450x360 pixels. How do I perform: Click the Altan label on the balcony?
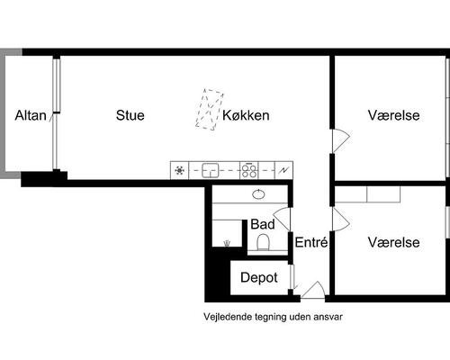coord(30,115)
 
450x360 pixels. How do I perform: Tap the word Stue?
coord(130,115)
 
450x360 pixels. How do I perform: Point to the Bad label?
coord(263,224)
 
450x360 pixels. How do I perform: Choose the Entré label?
coord(311,243)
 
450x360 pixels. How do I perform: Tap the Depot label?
coord(259,278)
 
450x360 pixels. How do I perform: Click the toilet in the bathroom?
coord(264,242)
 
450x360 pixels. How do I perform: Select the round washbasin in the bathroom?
coord(258,194)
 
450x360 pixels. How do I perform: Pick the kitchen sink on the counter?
coord(211,169)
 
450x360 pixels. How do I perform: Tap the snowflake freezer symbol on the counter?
coord(179,169)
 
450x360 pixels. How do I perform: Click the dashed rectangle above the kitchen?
coord(210,109)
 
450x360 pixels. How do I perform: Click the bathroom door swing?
coord(284,219)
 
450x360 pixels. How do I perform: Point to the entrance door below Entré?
coord(312,290)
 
